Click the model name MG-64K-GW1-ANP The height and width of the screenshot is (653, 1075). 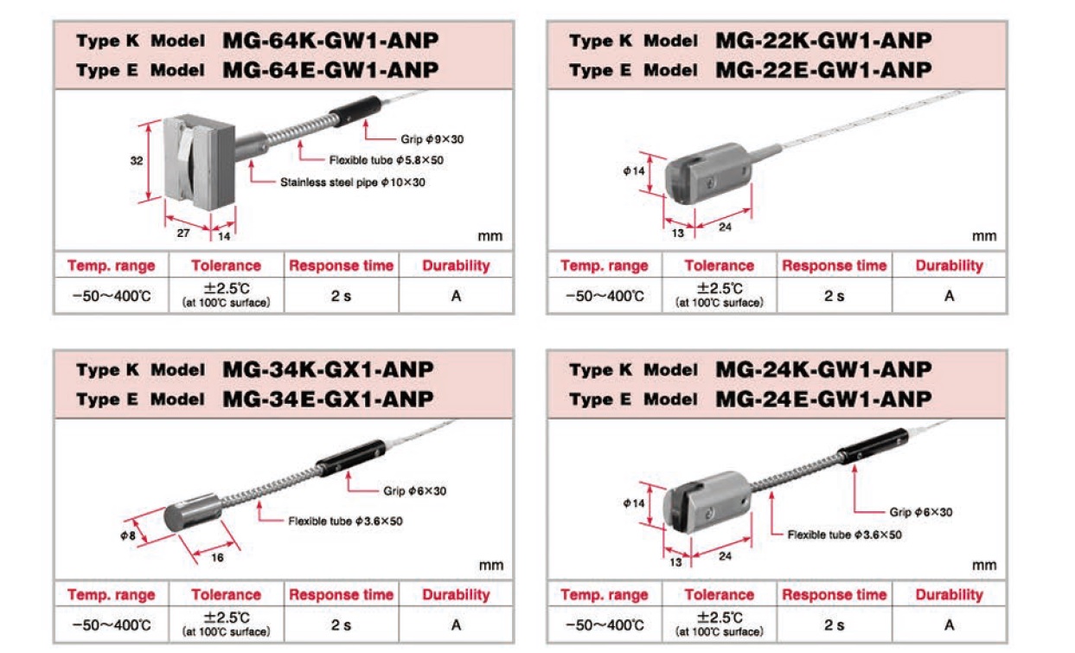click(x=330, y=41)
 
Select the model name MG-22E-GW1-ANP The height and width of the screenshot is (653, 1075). click(x=823, y=69)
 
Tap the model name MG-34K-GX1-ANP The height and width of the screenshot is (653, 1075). click(x=328, y=370)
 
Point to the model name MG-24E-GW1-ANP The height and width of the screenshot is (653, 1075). click(x=823, y=399)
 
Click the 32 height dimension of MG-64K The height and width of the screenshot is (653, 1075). click(x=137, y=161)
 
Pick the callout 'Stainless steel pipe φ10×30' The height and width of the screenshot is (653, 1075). click(x=353, y=182)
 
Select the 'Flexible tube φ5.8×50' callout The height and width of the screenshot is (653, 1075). click(x=387, y=160)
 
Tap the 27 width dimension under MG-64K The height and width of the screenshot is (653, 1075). click(x=184, y=234)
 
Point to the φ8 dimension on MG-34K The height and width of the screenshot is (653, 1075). click(x=129, y=536)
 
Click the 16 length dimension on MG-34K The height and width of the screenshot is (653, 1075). click(x=217, y=558)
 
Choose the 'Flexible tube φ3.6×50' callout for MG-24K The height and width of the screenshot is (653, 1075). click(x=844, y=535)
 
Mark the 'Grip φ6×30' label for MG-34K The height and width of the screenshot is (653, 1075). click(x=415, y=491)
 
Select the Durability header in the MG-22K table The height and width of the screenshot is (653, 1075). click(x=949, y=266)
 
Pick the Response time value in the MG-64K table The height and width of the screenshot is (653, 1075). click(x=341, y=296)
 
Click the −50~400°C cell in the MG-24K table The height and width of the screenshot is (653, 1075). click(x=604, y=624)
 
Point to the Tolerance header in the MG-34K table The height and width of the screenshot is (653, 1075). click(x=226, y=595)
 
